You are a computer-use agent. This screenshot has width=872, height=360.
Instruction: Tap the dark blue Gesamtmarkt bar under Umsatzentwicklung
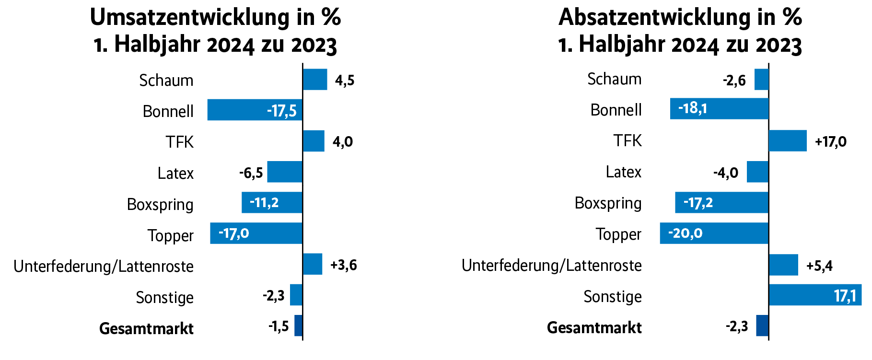(298, 325)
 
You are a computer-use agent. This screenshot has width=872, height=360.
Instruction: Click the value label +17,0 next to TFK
(831, 142)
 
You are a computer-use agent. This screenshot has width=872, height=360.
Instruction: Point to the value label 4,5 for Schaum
(345, 80)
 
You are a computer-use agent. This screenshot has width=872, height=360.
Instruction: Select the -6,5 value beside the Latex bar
(251, 173)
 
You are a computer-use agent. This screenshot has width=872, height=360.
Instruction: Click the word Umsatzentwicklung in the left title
(189, 18)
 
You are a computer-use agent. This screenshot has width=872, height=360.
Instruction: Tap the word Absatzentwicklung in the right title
(653, 18)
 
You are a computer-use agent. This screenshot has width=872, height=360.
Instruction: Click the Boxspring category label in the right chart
(608, 203)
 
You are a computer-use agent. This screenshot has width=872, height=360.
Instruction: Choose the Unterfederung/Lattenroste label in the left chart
(104, 266)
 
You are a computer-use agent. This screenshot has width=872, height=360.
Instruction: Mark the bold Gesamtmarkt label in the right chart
(594, 328)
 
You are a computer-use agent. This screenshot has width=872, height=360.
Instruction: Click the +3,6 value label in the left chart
(344, 265)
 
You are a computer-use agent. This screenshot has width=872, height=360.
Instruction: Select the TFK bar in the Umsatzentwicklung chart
(314, 141)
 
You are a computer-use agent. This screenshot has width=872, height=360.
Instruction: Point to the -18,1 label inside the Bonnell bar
(692, 108)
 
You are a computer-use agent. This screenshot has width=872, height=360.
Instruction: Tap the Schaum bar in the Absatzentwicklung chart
(761, 80)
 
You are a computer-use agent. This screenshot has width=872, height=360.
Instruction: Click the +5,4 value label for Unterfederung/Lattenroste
(819, 266)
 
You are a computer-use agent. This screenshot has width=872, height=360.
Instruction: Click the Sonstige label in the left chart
(164, 298)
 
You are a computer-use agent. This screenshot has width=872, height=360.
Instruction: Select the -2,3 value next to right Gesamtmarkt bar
(736, 327)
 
